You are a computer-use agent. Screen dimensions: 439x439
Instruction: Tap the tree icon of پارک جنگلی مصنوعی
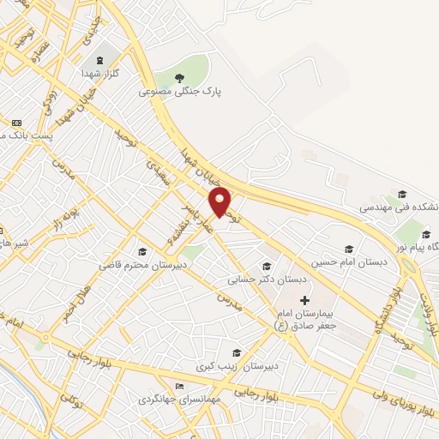(179, 79)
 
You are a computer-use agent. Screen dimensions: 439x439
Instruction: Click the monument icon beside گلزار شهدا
(101, 59)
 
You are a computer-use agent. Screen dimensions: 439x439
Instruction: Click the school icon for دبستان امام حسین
(348, 249)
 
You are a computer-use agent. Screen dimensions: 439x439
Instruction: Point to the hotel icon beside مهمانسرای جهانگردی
(178, 387)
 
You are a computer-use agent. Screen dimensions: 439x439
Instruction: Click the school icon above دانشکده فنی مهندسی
(402, 195)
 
